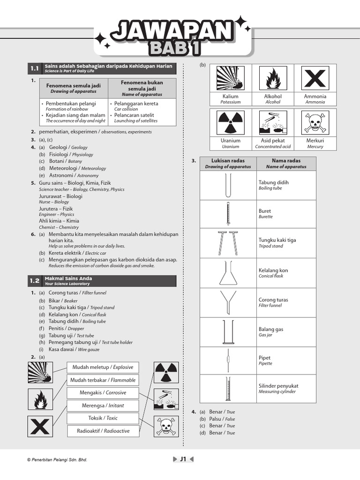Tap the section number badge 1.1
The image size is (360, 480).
35,69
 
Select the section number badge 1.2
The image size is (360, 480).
35,281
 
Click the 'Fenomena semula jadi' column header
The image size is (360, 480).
73,88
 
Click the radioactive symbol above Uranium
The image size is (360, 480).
230,123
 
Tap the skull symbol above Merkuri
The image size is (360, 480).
315,123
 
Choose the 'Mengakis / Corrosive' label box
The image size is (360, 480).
103,393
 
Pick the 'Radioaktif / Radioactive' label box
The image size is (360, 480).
103,431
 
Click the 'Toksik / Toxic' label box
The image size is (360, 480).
103,418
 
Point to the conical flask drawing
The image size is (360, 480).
228,273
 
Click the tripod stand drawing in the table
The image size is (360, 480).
228,243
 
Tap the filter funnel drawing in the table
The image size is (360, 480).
228,302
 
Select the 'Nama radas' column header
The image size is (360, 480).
286,163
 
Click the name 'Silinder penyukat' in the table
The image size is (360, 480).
278,386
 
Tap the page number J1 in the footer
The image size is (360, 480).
183,459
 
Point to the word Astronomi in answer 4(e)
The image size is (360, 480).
61,175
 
